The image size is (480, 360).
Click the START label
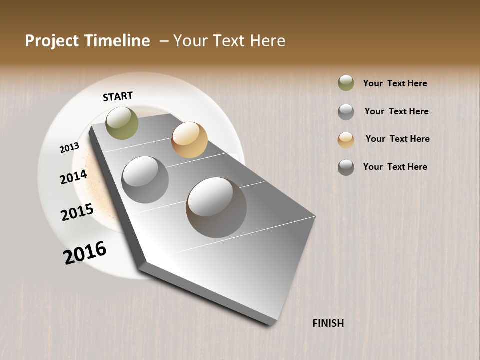pyautogui.click(x=118, y=96)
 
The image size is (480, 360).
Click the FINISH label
pyautogui.click(x=328, y=323)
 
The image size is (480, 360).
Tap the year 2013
pyautogui.click(x=69, y=147)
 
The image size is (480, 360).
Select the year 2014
pyautogui.click(x=73, y=177)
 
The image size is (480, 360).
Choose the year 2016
pyautogui.click(x=85, y=252)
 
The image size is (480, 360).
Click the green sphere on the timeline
pyautogui.click(x=122, y=123)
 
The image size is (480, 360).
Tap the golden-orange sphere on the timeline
pyautogui.click(x=189, y=140)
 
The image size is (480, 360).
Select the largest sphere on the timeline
pyautogui.click(x=216, y=207)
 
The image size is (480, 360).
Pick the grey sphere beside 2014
pyautogui.click(x=145, y=180)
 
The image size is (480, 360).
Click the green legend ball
pyautogui.click(x=346, y=83)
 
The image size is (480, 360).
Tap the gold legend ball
pyautogui.click(x=346, y=140)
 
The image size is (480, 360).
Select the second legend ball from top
pyautogui.click(x=346, y=112)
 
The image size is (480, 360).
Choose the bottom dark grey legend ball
pyautogui.click(x=346, y=167)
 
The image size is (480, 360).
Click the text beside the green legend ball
pyautogui.click(x=395, y=83)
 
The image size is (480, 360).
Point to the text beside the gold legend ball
pyautogui.click(x=397, y=139)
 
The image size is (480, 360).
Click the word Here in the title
pyautogui.click(x=267, y=41)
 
